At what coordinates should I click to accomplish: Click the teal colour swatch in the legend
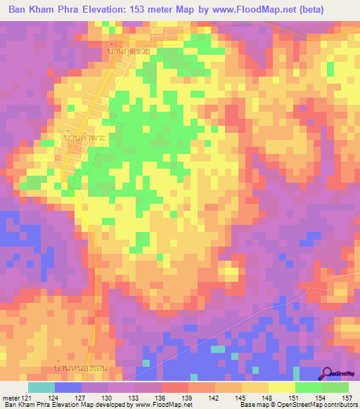(x=41, y=387)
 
